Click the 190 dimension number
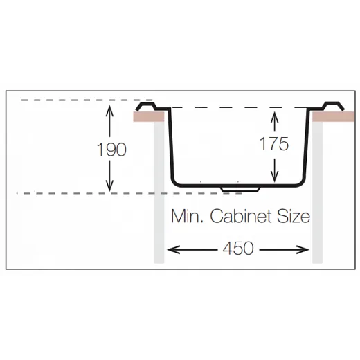click(x=111, y=150)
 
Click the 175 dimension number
click(x=274, y=143)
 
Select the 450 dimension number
click(x=238, y=249)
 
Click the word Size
click(x=294, y=216)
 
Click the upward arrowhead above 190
click(x=109, y=110)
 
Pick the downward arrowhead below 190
click(x=109, y=186)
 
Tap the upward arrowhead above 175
click(x=274, y=116)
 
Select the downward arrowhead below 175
click(x=274, y=177)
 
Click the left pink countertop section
click(x=149, y=116)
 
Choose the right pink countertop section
click(x=333, y=116)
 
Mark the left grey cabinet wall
click(x=159, y=192)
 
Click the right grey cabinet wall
click(x=317, y=192)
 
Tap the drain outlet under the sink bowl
click(x=240, y=189)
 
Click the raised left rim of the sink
click(x=146, y=105)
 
